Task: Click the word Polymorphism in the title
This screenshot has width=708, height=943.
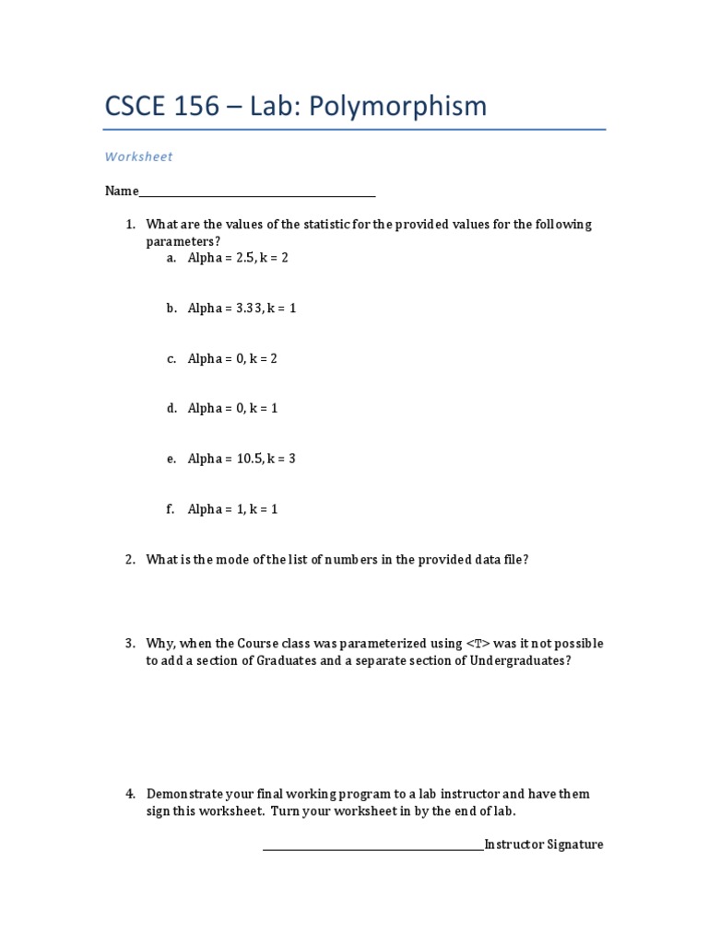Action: (397, 107)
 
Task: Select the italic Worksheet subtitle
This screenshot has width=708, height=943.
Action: (138, 157)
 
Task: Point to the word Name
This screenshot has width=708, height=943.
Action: (121, 192)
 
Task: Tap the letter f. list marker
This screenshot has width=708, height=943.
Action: (171, 509)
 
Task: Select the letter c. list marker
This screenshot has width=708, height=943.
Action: (171, 359)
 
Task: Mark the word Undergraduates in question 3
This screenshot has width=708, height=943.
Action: (522, 660)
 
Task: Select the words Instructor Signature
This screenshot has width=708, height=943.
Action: (544, 844)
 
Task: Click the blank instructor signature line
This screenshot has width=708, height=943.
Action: (372, 848)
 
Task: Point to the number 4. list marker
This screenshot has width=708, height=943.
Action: (130, 794)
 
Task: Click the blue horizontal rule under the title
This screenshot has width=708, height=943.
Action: (355, 130)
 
